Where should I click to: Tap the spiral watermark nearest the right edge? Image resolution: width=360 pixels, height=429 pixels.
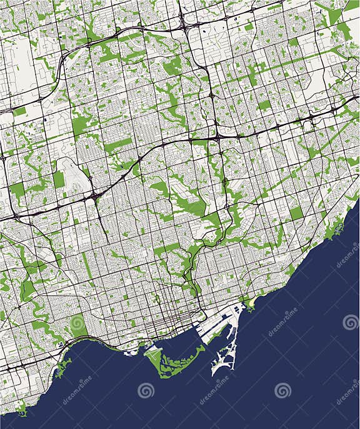tap(350, 322)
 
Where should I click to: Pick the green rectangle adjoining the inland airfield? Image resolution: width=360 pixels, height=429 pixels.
tap(59, 180)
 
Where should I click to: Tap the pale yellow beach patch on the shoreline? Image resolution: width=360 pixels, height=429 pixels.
tap(251, 305)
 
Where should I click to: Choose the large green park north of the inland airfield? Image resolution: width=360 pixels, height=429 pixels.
tap(80, 125)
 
